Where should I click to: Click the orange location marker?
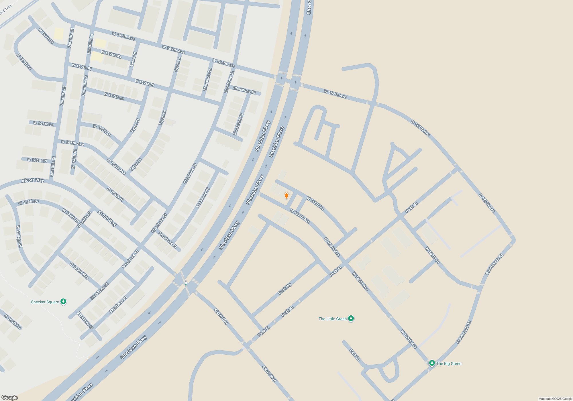coord(286,195)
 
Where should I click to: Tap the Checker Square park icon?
coord(63,301)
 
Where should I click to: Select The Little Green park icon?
coord(351,318)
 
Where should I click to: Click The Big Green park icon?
coord(432,363)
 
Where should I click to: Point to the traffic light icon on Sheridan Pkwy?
coord(186,283)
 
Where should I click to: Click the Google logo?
coord(10,397)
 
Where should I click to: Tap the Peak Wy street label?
coord(285,289)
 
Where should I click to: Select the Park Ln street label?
coord(355,355)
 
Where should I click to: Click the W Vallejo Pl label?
coord(19,237)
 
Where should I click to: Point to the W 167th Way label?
coord(111,54)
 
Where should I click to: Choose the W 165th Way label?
coord(79,271)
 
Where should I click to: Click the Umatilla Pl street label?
coord(84,219)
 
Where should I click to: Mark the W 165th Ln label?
coord(13,321)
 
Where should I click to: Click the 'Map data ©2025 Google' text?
coord(555,399)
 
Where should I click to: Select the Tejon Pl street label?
coord(134,59)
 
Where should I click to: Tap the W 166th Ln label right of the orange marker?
coord(315,203)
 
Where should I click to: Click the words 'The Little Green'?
coord(333,319)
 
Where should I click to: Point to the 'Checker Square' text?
coord(45,302)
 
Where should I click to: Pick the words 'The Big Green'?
coord(449,363)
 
